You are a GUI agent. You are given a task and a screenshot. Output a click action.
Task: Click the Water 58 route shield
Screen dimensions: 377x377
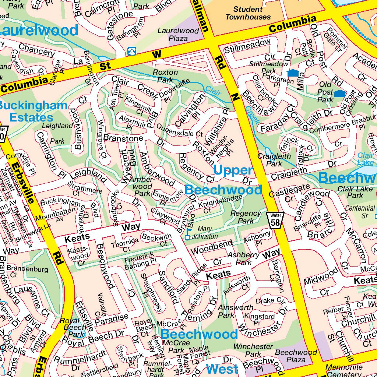(275, 220)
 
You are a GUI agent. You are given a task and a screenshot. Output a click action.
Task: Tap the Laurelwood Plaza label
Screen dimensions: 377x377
(178, 34)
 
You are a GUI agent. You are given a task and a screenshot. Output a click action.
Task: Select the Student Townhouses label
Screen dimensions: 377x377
(248, 13)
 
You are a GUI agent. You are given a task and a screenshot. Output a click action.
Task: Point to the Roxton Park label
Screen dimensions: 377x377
(165, 75)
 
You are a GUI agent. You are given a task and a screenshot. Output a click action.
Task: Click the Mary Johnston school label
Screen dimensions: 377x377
(205, 233)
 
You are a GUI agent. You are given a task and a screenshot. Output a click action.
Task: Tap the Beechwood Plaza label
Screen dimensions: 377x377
(296, 356)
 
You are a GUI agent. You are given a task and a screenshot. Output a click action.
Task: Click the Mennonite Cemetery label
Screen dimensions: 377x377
(344, 370)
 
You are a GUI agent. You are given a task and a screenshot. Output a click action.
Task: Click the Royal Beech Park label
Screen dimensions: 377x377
(72, 327)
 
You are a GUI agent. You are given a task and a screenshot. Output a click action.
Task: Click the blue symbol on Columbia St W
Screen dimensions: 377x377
(131, 51)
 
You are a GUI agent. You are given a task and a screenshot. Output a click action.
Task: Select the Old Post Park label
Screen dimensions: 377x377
(325, 92)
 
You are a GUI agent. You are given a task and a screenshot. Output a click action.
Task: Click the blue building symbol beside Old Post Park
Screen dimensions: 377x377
(339, 94)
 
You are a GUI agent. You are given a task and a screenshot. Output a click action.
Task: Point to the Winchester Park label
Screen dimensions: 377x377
(253, 350)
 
